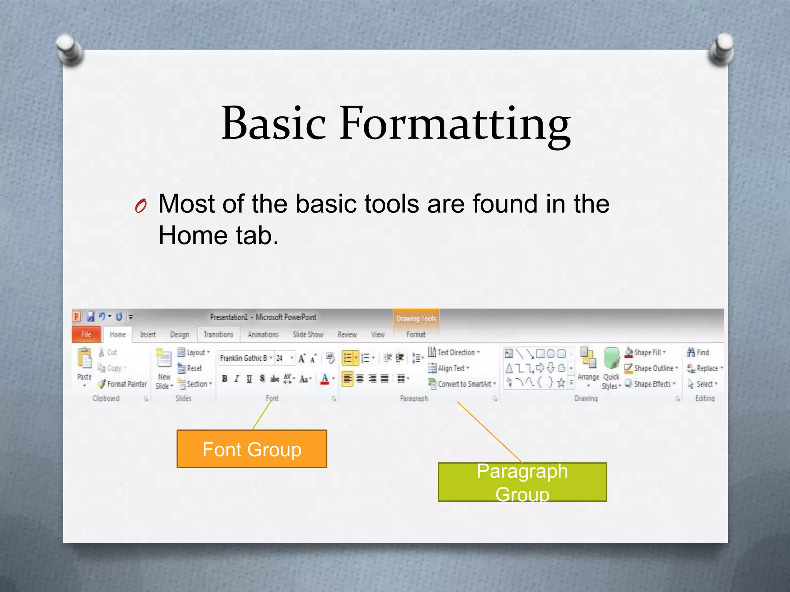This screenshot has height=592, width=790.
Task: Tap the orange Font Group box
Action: pyautogui.click(x=252, y=449)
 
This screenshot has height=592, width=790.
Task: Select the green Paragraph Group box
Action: pyautogui.click(x=522, y=482)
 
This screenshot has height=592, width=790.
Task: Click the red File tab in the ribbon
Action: pyautogui.click(x=86, y=335)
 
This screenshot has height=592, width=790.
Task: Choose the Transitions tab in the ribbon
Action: pyautogui.click(x=218, y=335)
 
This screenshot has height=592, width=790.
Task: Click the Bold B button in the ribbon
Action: pyautogui.click(x=225, y=379)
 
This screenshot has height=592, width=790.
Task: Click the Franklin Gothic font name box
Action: pyautogui.click(x=244, y=358)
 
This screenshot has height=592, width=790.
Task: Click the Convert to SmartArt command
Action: pyautogui.click(x=464, y=384)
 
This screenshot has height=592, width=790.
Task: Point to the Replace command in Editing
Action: pyautogui.click(x=707, y=368)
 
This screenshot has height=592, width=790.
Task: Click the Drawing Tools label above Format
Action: pyautogui.click(x=416, y=319)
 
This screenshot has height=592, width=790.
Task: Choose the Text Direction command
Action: pyautogui.click(x=456, y=352)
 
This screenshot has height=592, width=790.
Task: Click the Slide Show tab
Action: pyautogui.click(x=307, y=335)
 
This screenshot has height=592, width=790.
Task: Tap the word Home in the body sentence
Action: pyautogui.click(x=192, y=235)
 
